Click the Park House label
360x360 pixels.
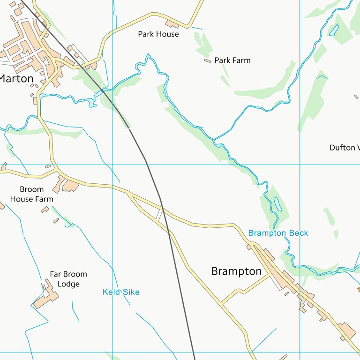(x=158, y=34)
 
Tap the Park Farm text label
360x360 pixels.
(x=232, y=60)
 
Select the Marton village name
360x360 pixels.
(x=16, y=79)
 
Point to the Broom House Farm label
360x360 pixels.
(x=31, y=194)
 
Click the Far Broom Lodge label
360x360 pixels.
(x=68, y=279)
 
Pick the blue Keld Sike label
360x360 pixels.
(x=121, y=292)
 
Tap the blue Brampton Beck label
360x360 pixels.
(x=278, y=233)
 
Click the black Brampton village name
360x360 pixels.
(x=236, y=271)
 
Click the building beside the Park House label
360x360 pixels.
(x=172, y=23)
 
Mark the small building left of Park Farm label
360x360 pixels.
(x=207, y=60)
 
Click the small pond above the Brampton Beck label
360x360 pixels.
(x=277, y=203)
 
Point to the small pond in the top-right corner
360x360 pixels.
(x=334, y=30)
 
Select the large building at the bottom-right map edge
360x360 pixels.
(x=347, y=331)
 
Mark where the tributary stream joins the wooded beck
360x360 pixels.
(x=214, y=139)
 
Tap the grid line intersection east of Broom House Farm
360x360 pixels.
(x=112, y=165)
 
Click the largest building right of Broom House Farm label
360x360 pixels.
(x=70, y=186)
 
